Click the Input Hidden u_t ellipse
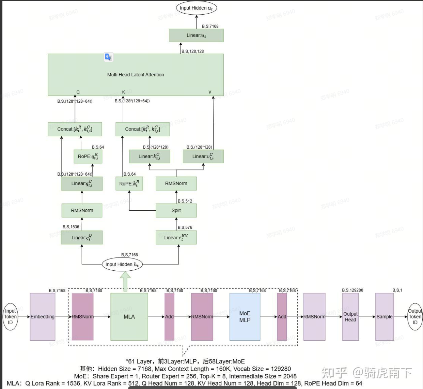(196, 8)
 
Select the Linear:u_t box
(197, 35)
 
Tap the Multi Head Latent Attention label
(136, 75)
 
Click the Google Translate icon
(108, 57)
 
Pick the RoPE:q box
(88, 156)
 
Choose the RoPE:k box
(129, 183)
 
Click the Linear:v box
(203, 156)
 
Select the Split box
(176, 210)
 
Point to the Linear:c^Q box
(82, 238)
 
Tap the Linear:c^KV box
(176, 238)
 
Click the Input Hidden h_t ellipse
(122, 264)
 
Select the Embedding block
(43, 317)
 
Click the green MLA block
(129, 317)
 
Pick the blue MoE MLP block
(245, 317)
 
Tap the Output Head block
(350, 317)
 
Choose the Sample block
(385, 317)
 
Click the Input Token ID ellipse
(10, 317)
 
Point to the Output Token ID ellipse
(415, 317)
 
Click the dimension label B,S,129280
(352, 290)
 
